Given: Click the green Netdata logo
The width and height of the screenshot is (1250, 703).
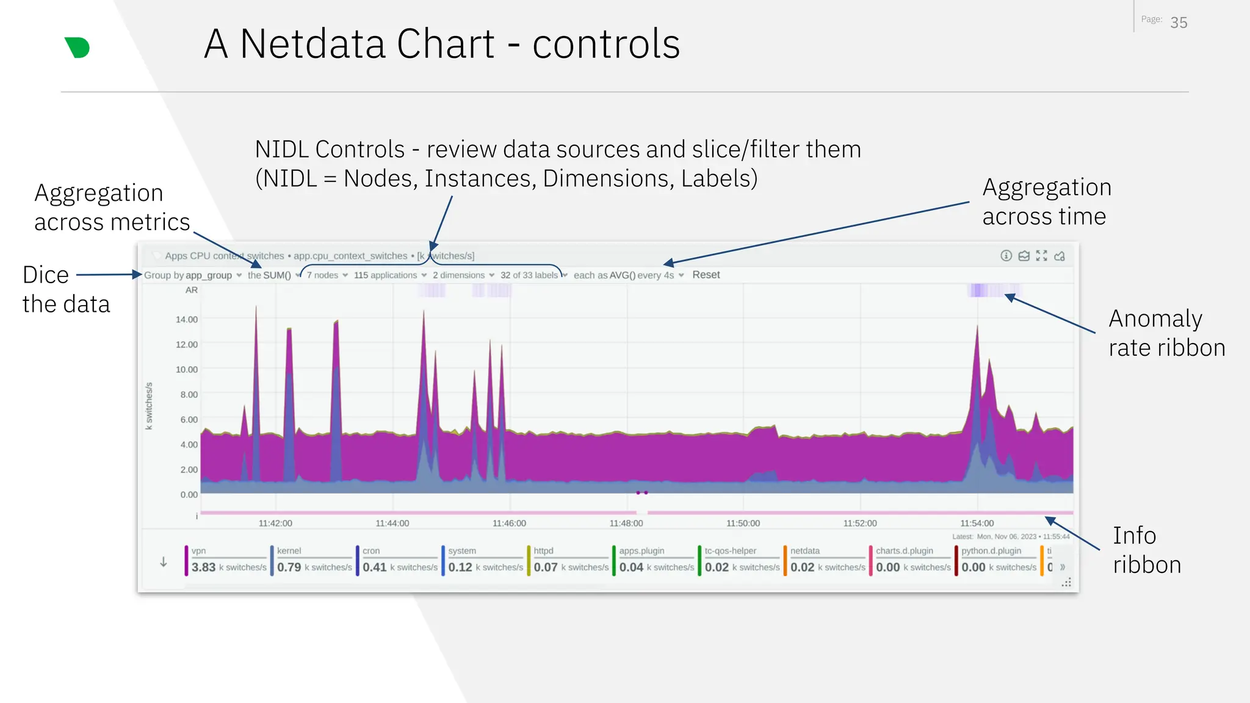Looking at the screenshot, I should [x=78, y=48].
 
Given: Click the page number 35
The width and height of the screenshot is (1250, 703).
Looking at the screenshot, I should [x=1179, y=23].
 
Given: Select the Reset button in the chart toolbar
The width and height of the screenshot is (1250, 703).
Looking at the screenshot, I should [x=706, y=275].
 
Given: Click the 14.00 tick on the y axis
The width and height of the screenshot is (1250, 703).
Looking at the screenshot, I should [x=187, y=319].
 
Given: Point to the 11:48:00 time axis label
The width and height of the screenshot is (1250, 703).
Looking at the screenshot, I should [x=626, y=524].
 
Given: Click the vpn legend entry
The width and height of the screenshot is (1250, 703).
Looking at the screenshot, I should [x=226, y=560].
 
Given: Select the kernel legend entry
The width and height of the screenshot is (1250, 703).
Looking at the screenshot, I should [x=311, y=560].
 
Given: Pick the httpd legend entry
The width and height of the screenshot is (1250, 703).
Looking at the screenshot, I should [x=568, y=560].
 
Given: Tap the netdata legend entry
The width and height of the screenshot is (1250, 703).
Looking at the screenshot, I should [x=825, y=560].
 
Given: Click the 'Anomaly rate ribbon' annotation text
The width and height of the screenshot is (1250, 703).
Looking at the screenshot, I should [x=1166, y=333].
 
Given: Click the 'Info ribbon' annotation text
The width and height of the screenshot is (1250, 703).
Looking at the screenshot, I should [x=1146, y=550].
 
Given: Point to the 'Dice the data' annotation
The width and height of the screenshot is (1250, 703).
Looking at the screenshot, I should [x=66, y=289].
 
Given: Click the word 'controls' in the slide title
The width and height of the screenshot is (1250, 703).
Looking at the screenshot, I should [x=605, y=44].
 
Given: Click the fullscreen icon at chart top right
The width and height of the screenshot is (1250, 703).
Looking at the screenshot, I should [x=1041, y=256].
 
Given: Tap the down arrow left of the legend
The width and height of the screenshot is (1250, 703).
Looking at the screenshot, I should [x=164, y=562].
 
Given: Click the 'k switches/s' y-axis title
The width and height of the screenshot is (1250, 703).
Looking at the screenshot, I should [x=149, y=406].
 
